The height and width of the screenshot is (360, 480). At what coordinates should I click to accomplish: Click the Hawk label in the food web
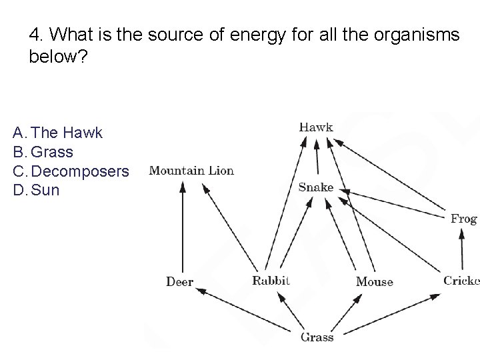point(316,127)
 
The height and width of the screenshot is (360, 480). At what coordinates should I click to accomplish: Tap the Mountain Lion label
point(191,171)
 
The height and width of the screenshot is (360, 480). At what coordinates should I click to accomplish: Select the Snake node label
point(316,187)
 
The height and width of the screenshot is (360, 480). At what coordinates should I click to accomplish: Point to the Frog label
point(463,219)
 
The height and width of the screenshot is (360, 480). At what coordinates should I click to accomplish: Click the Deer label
point(179,282)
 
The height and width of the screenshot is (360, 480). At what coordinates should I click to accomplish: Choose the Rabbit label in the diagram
point(271,281)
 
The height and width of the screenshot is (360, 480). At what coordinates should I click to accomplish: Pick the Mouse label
point(374,282)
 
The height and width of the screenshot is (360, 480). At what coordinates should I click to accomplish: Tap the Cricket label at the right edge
point(461,281)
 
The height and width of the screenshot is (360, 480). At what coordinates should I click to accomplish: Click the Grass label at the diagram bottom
point(317,337)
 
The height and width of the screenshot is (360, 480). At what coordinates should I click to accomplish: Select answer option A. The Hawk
point(58,133)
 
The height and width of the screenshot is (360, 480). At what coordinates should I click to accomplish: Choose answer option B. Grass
point(43,152)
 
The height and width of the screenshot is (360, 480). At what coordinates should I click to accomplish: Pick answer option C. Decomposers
point(71,171)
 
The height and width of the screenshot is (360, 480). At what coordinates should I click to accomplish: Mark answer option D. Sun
point(37,190)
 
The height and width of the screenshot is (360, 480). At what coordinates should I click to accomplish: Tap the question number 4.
point(35,34)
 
